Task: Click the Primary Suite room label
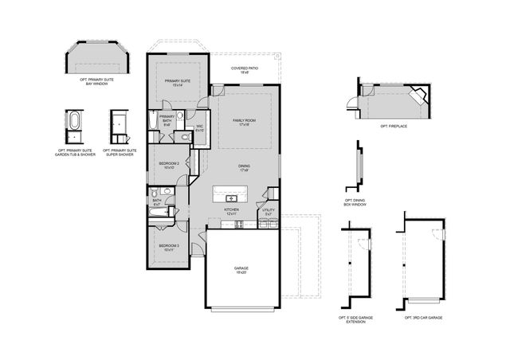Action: tap(178, 83)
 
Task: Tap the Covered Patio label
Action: tap(244, 71)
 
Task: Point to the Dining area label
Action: tap(244, 167)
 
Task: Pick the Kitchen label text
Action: tap(232, 212)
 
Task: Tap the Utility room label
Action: tap(269, 212)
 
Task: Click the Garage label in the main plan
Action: tap(241, 270)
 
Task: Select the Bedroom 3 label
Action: tap(167, 247)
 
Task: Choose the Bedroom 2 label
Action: tap(168, 166)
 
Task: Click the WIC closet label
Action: tap(200, 127)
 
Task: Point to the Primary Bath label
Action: tap(167, 120)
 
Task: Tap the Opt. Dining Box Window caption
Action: tap(355, 203)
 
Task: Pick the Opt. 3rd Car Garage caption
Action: tap(423, 317)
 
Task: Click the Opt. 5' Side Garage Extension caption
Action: tap(355, 319)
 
